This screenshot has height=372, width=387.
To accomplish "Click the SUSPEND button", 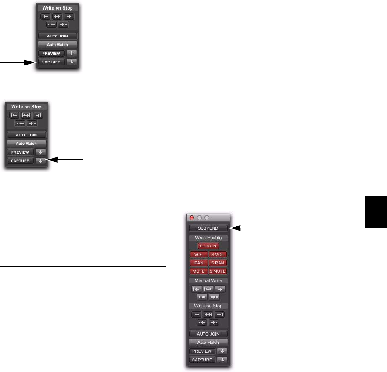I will pos(208,228).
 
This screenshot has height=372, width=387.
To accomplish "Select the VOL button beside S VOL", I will pos(198,254).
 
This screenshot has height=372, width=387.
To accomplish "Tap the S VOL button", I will pos(218,254).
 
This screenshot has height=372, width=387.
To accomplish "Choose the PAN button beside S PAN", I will pos(198,263).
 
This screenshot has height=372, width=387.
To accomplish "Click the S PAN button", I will pos(218,263).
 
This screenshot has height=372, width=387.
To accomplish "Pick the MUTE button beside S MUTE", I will pos(198,271).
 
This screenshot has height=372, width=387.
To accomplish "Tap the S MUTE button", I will pos(218,271).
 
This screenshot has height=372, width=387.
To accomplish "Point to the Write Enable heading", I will pos(208,238).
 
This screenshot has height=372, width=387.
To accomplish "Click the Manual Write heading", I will pos(208,280).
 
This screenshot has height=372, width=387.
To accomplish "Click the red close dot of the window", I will pos(192,217).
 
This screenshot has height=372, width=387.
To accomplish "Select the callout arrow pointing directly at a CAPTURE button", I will pos(18,63).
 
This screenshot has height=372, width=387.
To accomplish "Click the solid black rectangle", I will pos(377,212).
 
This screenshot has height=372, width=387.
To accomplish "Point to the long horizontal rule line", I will pos(83,266).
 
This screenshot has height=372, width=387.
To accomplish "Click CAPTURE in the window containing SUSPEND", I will pos(202,360).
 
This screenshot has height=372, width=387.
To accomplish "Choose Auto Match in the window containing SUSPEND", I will pos(208,342).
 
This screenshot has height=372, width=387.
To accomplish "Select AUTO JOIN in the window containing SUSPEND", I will pos(208,334).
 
